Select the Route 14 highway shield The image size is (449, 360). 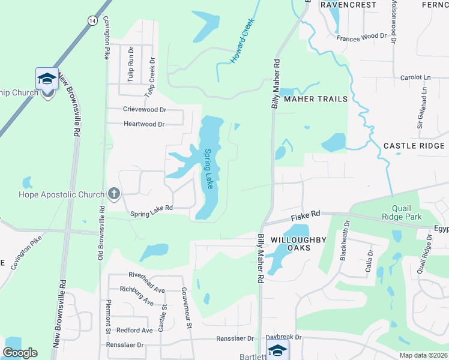[x=92, y=20]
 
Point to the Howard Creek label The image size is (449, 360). [x=243, y=41]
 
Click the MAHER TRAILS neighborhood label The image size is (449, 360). [x=316, y=99]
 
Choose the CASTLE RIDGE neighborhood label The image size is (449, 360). [x=414, y=146]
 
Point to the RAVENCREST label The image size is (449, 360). [x=348, y=4]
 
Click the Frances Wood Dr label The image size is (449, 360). [x=361, y=37]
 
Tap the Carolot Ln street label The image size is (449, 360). [x=416, y=78]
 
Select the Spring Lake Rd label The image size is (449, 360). [x=152, y=208]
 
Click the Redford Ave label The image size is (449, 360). [x=134, y=331]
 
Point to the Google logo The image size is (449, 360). [x=20, y=353]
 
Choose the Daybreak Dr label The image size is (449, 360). [x=284, y=338]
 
